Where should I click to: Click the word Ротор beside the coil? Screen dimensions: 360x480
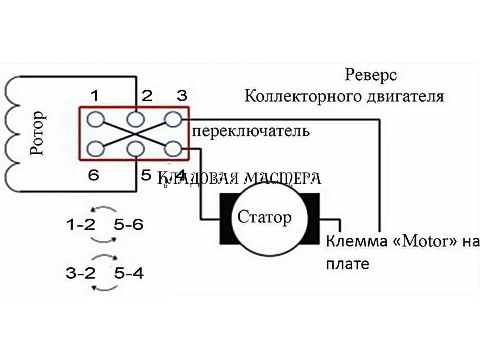pyautogui.click(x=37, y=133)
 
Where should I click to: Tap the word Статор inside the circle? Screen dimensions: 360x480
pyautogui.click(x=264, y=217)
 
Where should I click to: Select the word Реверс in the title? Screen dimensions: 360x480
pyautogui.click(x=370, y=75)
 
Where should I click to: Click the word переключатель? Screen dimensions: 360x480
pyautogui.click(x=251, y=131)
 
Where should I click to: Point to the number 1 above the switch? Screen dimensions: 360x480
pyautogui.click(x=95, y=96)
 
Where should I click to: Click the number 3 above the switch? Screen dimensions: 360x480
pyautogui.click(x=182, y=96)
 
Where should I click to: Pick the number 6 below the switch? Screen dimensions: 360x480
pyautogui.click(x=93, y=175)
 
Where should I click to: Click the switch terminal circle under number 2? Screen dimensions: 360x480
pyautogui.click(x=135, y=120)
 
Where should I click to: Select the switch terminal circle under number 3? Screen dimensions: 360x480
pyautogui.click(x=173, y=120)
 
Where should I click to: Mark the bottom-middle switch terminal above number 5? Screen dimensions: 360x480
pyautogui.click(x=135, y=149)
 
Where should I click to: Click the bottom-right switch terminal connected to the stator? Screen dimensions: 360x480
pyautogui.click(x=173, y=149)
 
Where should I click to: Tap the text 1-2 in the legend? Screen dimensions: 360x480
pyautogui.click(x=81, y=225)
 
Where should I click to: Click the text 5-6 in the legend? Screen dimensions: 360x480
pyautogui.click(x=129, y=225)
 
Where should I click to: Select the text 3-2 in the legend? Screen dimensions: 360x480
pyautogui.click(x=81, y=273)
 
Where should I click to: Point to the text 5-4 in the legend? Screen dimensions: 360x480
pyautogui.click(x=129, y=273)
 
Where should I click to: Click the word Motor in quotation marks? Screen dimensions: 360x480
pyautogui.click(x=425, y=241)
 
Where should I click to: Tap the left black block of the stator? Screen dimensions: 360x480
pyautogui.click(x=226, y=219)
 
